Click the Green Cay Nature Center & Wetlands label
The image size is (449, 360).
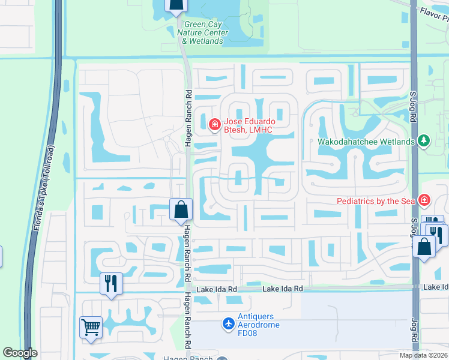202,33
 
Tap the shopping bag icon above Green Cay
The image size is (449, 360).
175,7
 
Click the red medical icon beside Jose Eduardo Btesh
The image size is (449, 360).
214,124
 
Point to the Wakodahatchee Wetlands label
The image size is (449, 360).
366,142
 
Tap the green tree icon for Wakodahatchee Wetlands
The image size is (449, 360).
424,141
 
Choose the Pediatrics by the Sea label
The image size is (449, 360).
376,200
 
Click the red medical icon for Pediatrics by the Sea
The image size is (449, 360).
424,200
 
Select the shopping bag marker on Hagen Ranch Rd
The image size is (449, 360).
181,210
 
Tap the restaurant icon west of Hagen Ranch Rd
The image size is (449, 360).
111,283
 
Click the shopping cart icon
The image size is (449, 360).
91,328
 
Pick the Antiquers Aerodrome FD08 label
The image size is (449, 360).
263,324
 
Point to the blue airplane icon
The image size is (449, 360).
228,324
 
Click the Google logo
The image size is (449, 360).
20,353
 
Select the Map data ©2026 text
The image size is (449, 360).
423,355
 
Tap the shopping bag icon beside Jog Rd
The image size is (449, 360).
424,246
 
